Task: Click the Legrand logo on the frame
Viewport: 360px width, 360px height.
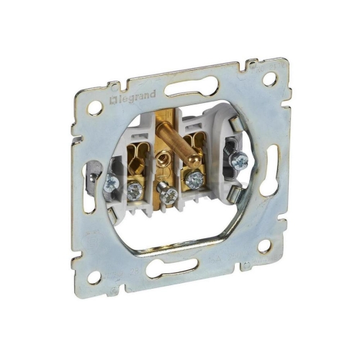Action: (x=132, y=97)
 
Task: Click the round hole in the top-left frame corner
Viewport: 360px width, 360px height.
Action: (x=95, y=107)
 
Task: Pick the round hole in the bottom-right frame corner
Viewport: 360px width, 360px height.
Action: (x=266, y=246)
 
